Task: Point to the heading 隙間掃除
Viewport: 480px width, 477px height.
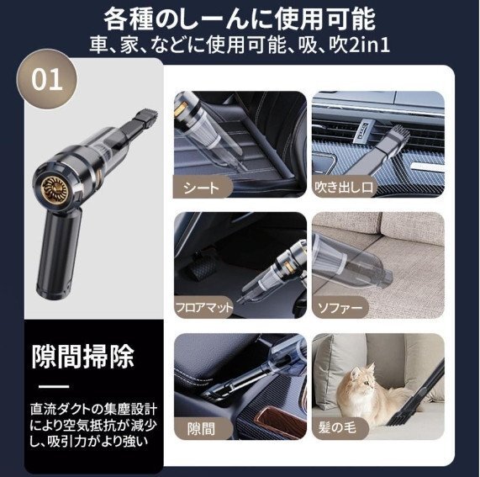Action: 82,357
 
